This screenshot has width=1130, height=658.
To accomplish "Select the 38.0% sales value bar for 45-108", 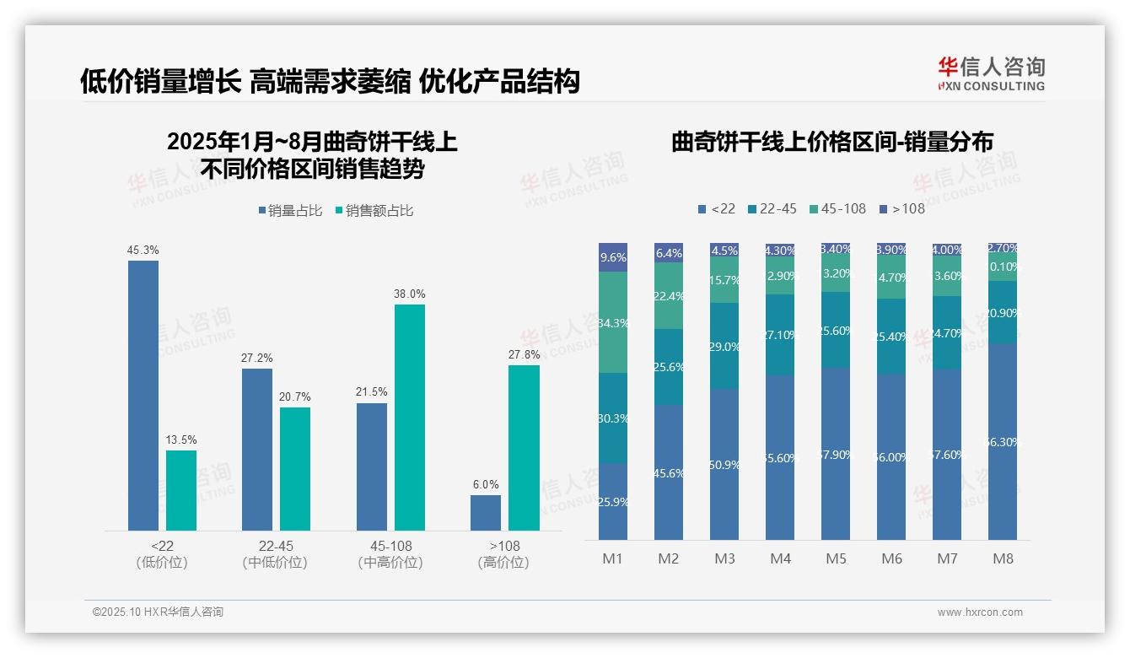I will point(410,417).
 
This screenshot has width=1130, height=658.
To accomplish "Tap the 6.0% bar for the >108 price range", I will point(486,513).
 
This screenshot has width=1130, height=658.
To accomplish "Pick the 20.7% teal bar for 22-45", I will point(295,469).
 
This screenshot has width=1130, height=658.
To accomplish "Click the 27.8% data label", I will point(524,355).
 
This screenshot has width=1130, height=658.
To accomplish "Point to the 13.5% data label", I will point(180,440).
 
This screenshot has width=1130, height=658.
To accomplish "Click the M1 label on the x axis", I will point(612,558).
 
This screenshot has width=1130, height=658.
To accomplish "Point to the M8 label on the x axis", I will point(1003,558).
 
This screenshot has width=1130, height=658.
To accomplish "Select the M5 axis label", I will point(836,558).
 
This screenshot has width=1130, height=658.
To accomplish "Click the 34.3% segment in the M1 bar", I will point(613,322).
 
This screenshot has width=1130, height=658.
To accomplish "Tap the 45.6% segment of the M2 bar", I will point(669,472).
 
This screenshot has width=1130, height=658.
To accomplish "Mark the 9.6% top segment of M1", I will point(613,257).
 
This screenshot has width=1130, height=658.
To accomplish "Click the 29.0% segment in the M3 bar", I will point(724,346).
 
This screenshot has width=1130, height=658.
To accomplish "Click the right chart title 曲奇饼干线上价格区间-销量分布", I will point(831,142).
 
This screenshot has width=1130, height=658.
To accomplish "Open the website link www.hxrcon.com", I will point(979,612).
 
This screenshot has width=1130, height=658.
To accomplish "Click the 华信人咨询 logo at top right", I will point(991,73).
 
